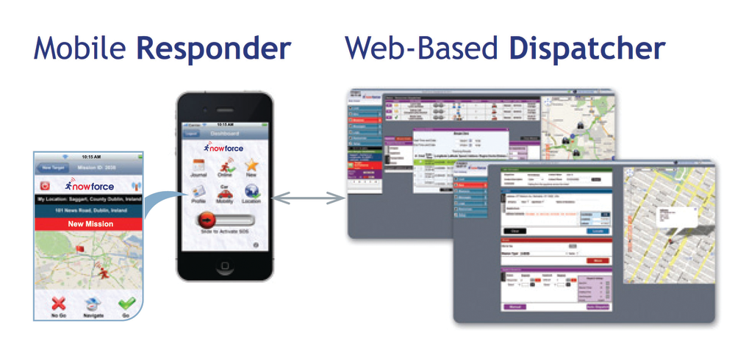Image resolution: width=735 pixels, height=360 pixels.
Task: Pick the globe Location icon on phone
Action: coord(251,192)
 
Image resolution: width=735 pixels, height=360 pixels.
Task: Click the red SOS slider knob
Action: coord(207,220)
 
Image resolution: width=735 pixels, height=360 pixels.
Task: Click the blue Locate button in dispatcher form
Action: coord(598,230)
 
